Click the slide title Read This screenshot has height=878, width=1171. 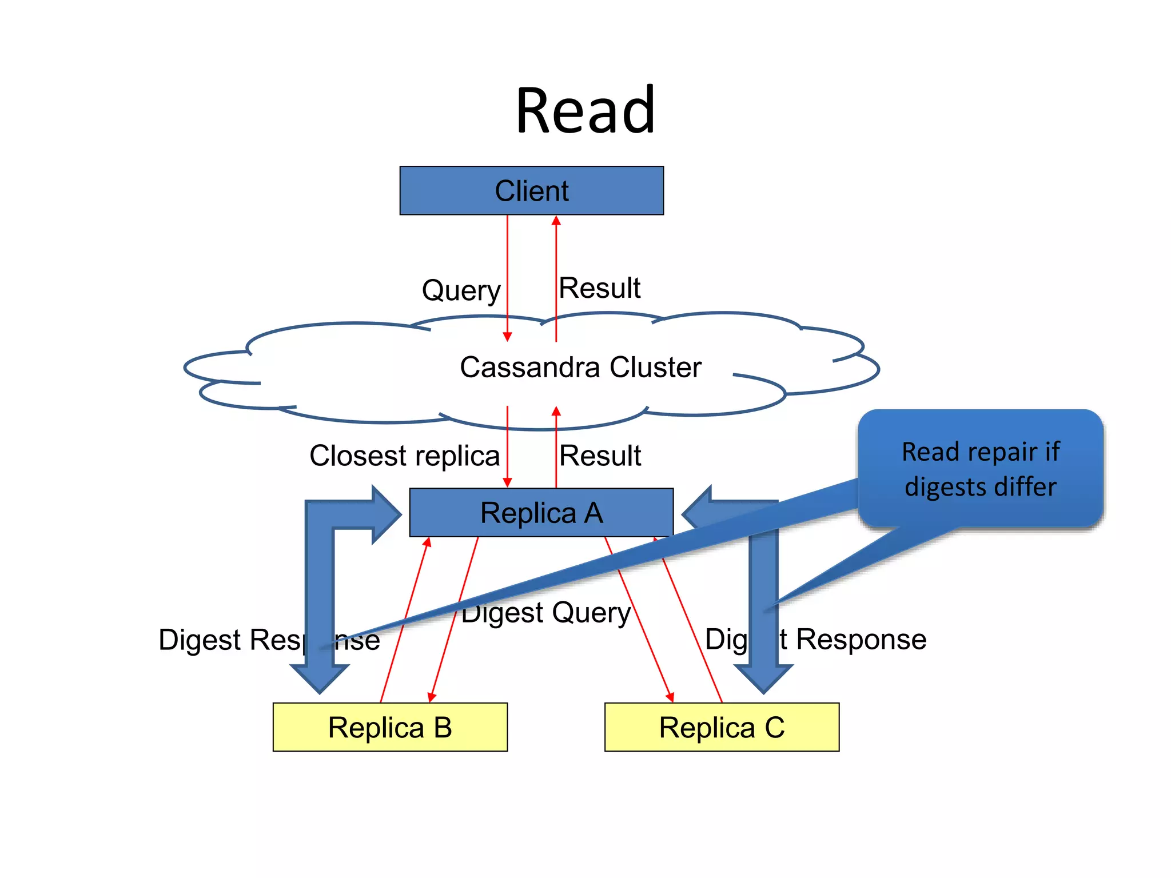(x=585, y=110)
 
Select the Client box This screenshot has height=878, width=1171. (x=531, y=191)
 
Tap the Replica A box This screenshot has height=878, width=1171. (x=541, y=513)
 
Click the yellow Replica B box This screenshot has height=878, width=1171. (x=390, y=727)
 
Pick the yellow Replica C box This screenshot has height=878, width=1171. (x=722, y=727)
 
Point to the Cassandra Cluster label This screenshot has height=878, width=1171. (x=580, y=367)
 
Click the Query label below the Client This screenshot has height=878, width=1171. (x=461, y=290)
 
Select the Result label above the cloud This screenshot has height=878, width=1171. (x=599, y=288)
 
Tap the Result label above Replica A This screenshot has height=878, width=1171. (x=600, y=456)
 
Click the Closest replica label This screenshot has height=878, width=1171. (x=404, y=456)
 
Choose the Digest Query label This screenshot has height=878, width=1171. (x=546, y=613)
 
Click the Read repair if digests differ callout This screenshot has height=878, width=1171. (x=980, y=469)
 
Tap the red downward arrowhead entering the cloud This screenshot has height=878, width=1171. (x=507, y=336)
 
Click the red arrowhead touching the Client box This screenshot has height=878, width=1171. (x=556, y=221)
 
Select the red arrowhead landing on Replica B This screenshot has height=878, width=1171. (x=432, y=697)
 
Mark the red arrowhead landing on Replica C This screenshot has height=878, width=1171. (x=670, y=697)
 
